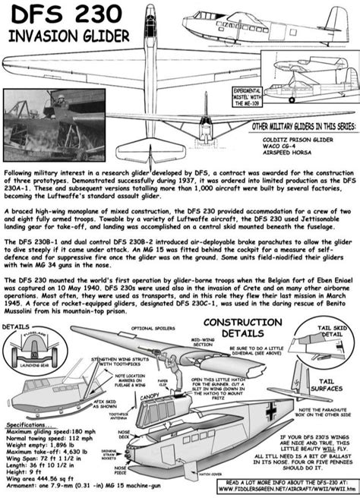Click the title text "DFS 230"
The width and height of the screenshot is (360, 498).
point(57,17)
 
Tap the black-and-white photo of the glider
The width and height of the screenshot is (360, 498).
point(73,118)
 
